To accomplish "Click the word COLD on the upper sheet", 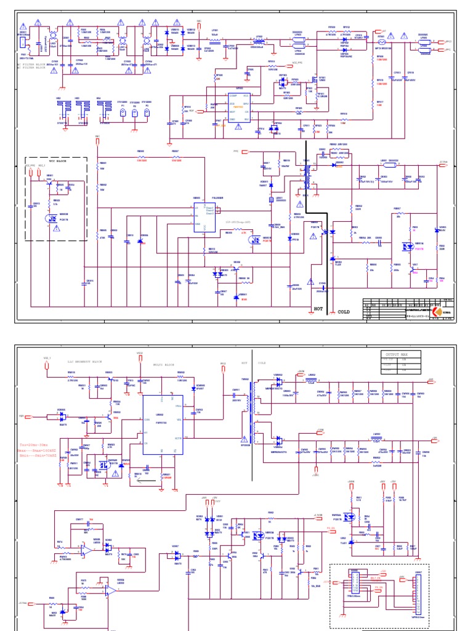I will pos(343,312).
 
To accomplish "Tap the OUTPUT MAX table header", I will pos(397,355).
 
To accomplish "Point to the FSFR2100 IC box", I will pos(160,424).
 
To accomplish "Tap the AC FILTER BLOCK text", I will pos(36,64).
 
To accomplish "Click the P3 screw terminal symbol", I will pos(147,113).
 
